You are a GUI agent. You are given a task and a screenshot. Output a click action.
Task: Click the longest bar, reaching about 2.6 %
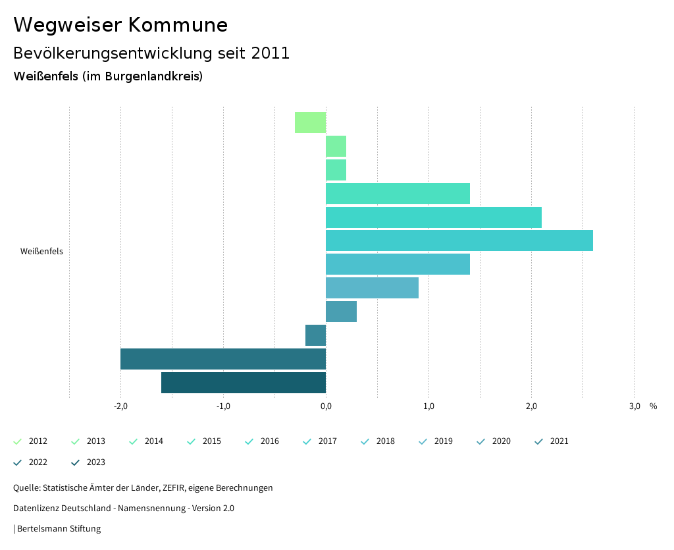pos(459,240)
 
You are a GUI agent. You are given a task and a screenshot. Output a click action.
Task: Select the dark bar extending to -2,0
pos(223,359)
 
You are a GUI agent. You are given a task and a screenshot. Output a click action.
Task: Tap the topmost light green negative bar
pos(310,123)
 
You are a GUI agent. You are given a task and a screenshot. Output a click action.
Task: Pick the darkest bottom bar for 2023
pos(244,383)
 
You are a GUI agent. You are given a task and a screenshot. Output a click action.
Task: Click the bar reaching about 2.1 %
pos(433,217)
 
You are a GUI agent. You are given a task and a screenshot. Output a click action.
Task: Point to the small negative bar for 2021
pos(315,335)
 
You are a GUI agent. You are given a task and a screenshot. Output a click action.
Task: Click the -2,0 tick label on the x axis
pos(120,406)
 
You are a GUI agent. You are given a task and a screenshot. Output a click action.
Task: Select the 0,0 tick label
pos(326,406)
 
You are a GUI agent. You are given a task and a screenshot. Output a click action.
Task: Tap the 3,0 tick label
pos(634,406)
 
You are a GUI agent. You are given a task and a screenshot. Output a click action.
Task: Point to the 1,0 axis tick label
pos(428,406)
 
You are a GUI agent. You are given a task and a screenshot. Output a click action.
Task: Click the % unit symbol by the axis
pos(653,406)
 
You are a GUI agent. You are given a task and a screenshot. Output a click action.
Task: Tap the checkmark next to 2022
pos(18,462)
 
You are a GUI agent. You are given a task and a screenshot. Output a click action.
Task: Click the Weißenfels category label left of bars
pos(41,252)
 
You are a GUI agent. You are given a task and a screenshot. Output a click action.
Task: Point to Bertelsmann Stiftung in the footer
pos(59,529)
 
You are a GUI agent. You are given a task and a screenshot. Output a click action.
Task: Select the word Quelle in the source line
pos(26,488)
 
